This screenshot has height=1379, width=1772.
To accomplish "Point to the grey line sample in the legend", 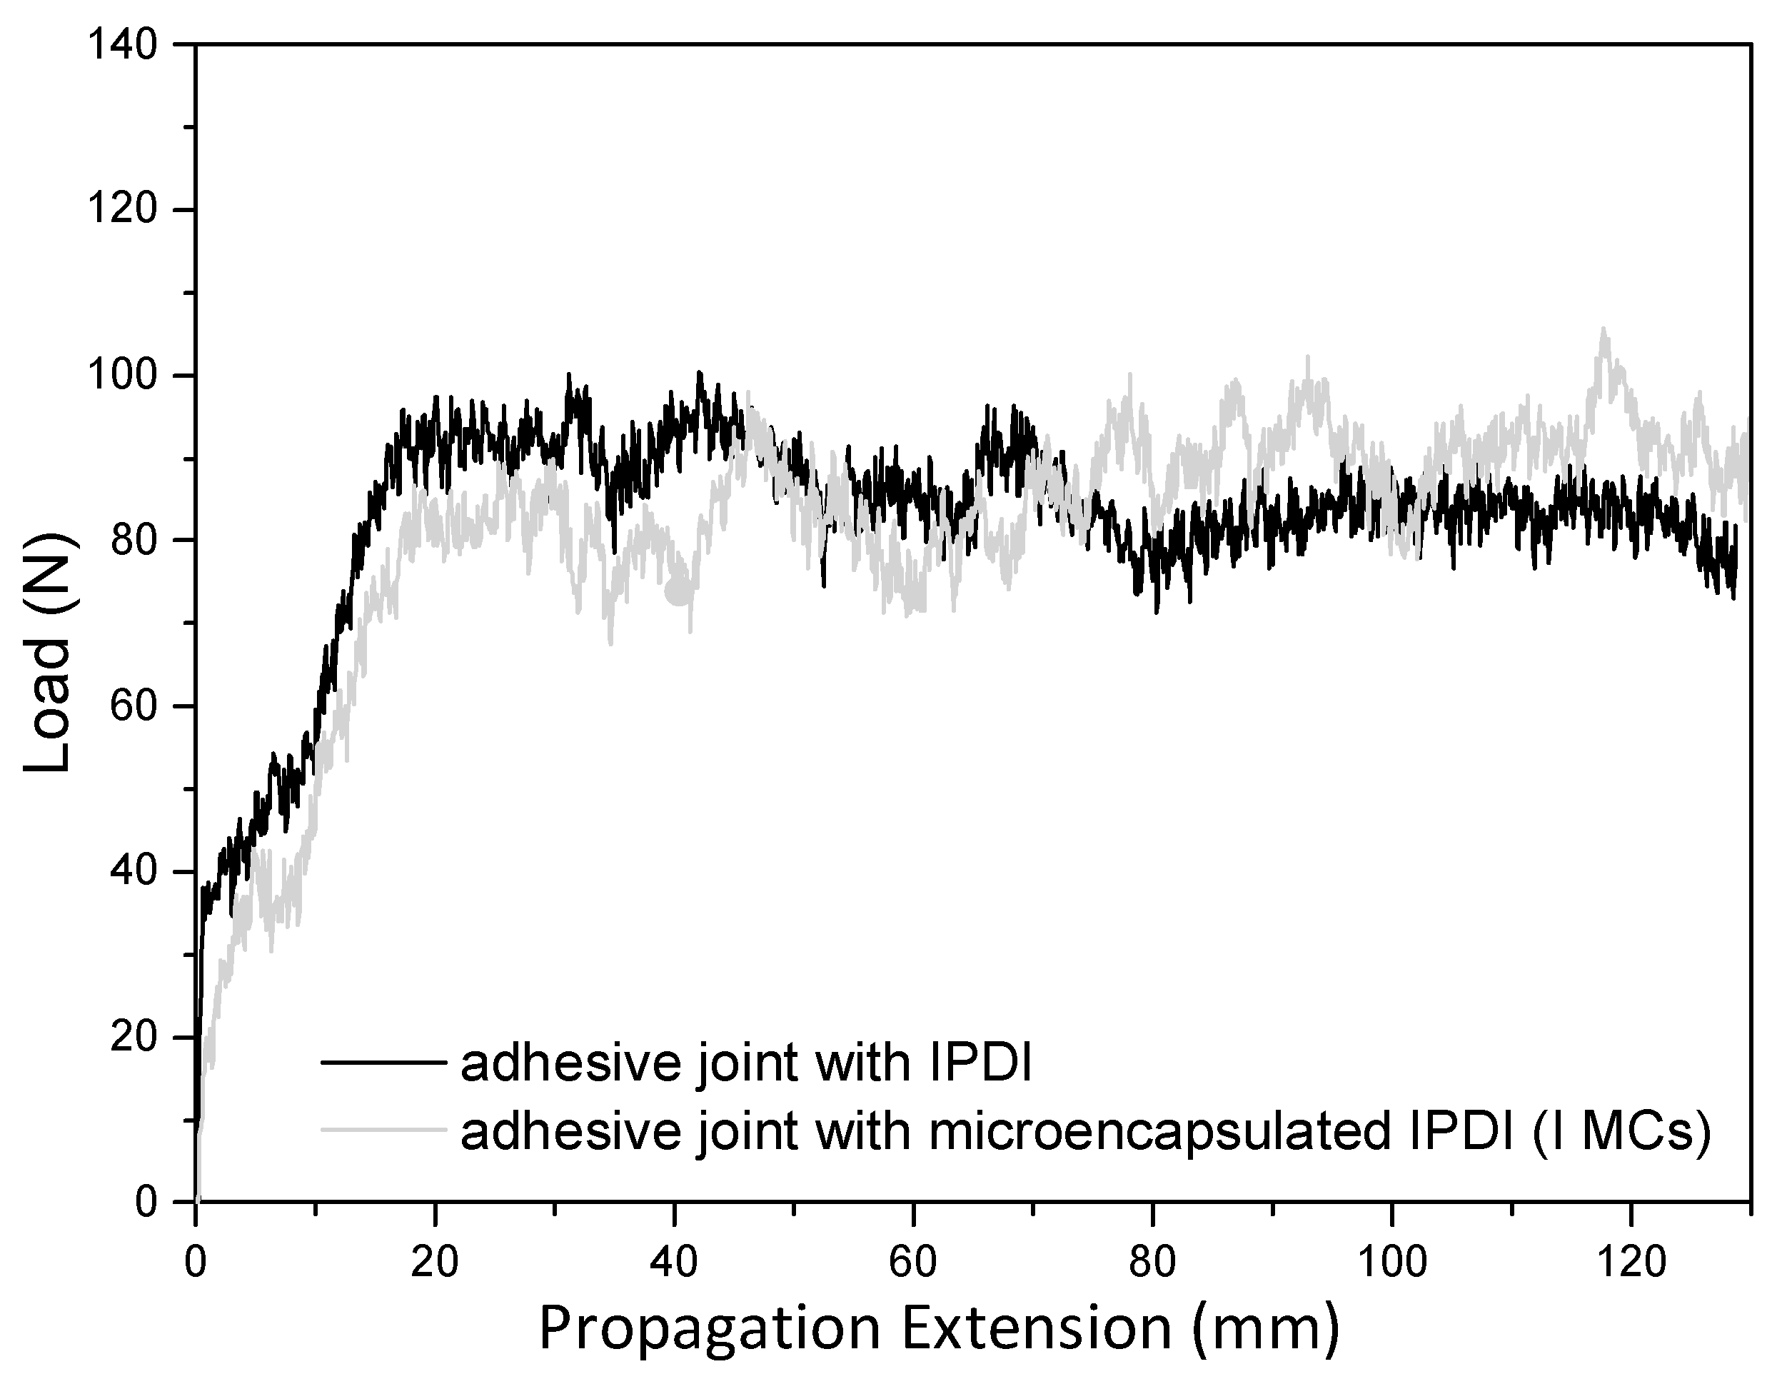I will (x=383, y=1128).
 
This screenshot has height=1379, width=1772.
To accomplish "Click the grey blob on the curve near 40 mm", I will (x=678, y=593).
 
